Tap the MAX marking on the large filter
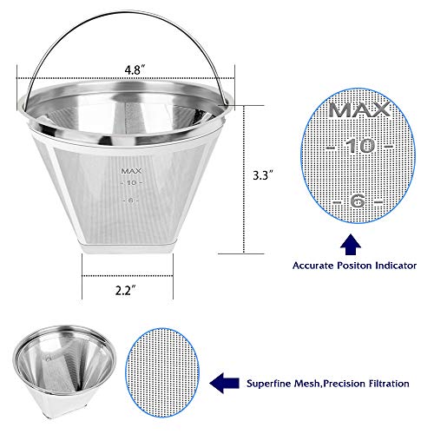point(132,170)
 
